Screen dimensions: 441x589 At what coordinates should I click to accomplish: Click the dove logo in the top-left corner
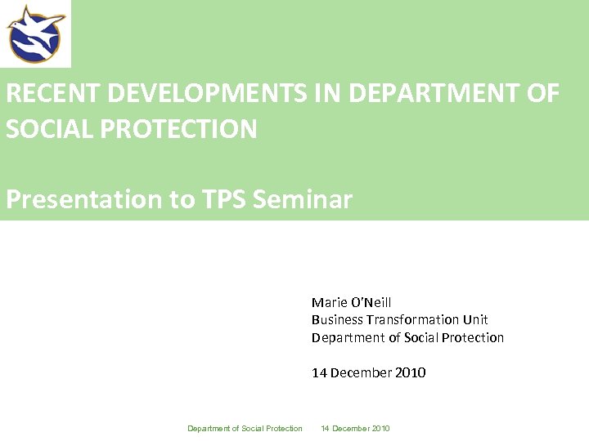coord(35,33)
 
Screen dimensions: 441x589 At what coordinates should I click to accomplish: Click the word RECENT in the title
coord(53,94)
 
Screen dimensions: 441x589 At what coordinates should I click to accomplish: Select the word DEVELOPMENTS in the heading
coord(208,94)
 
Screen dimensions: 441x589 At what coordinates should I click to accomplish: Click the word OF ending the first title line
coord(543,94)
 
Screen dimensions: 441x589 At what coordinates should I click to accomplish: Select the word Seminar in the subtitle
coord(303,199)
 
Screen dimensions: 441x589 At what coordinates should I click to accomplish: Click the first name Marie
coord(327,302)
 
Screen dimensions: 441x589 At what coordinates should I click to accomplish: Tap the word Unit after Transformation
coord(475,320)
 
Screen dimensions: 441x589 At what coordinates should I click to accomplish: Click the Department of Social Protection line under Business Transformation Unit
coord(407,337)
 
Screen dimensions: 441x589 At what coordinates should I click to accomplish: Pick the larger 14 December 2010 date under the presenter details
coord(368,372)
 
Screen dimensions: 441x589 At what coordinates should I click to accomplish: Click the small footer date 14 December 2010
coord(355,429)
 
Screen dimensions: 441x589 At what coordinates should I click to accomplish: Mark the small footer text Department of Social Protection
coord(245,429)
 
